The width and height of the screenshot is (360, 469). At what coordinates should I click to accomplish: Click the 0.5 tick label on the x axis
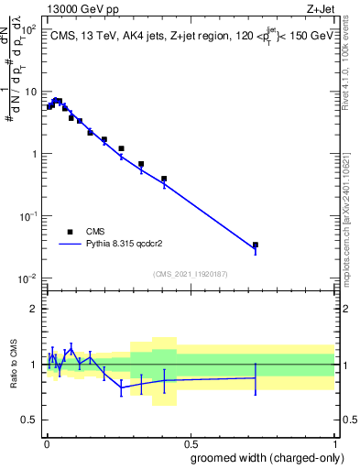[190, 442]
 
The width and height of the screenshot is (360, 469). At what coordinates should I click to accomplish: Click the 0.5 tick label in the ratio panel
[29, 420]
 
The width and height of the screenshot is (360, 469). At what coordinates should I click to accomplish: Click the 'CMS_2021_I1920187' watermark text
[190, 274]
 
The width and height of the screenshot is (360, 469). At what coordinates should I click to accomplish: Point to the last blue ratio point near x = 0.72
[256, 377]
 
